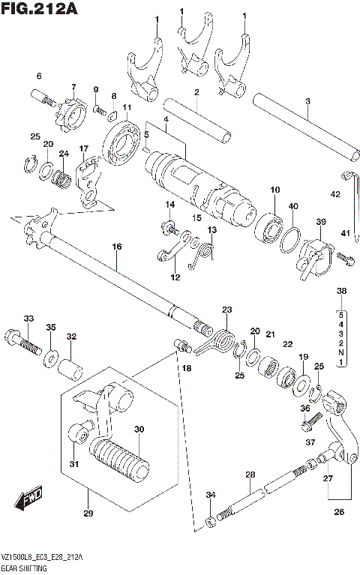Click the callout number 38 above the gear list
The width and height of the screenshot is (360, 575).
[341, 291]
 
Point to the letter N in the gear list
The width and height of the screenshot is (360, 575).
[341, 351]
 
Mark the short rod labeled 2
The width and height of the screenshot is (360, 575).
[199, 121]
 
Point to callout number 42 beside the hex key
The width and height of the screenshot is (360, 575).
[335, 194]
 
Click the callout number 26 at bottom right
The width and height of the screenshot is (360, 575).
[339, 513]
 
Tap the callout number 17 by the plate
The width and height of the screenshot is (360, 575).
[83, 148]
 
